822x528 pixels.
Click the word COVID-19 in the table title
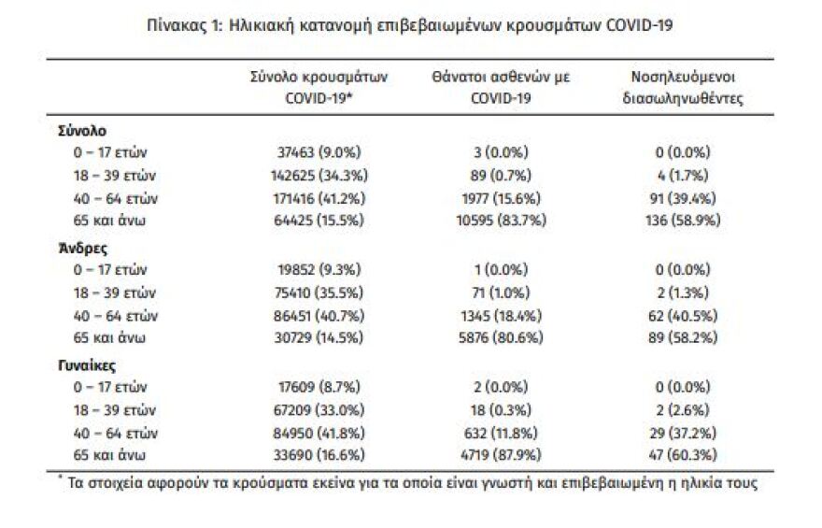pos(637,26)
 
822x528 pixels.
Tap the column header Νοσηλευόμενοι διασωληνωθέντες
pos(682,87)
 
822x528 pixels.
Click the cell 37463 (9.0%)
pos(320,152)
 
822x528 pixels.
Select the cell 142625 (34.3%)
pos(320,175)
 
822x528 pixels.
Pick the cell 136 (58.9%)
pos(680,221)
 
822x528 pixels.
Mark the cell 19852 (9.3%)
pos(320,270)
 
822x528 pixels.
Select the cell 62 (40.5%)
pos(680,315)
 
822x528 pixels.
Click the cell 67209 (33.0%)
pos(320,409)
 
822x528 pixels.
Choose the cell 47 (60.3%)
pos(680,455)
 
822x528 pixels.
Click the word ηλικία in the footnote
pos(712,483)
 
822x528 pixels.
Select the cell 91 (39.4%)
pos(680,198)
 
